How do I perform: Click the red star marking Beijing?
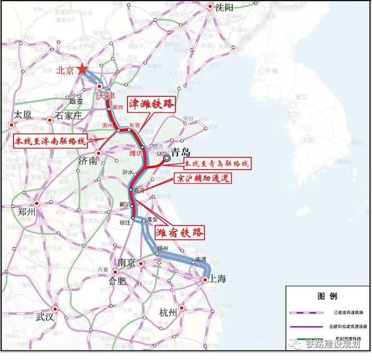click(82, 70)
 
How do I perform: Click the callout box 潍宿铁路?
click(180, 233)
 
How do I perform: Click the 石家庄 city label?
click(69, 115)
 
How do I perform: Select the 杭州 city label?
click(169, 312)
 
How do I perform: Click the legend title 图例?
click(327, 296)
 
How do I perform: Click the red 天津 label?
click(106, 96)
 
